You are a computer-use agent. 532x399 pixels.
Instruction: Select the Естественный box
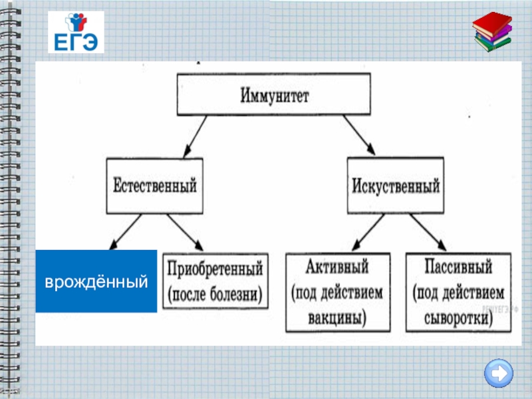click(155, 185)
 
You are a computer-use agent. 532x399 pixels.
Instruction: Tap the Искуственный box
click(394, 185)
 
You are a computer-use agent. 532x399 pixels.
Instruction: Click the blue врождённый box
click(96, 281)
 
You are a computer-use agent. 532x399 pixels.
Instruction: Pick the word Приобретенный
click(215, 269)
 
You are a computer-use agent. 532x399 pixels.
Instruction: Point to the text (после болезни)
click(215, 293)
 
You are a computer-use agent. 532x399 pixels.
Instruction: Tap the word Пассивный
click(458, 269)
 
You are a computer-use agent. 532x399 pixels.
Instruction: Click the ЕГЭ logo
click(76, 31)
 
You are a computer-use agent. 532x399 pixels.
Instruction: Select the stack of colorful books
click(493, 33)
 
